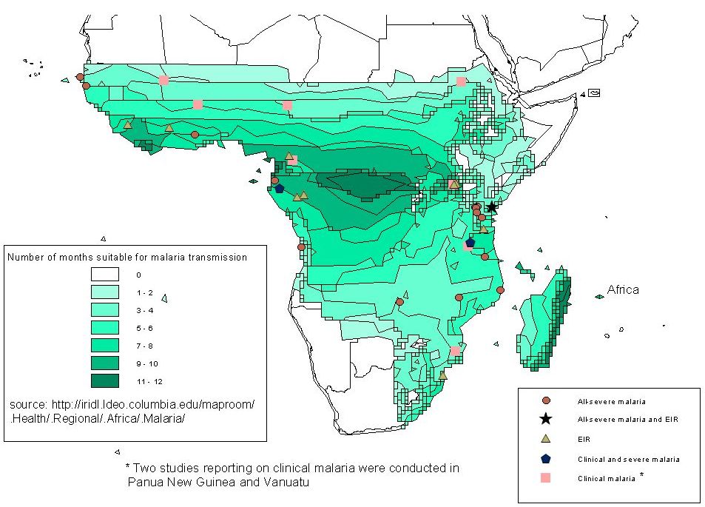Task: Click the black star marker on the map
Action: [491, 207]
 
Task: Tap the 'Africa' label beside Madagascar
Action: [623, 289]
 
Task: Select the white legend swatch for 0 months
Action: [105, 275]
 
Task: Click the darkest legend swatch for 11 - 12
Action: [105, 381]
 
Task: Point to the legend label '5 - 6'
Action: [145, 328]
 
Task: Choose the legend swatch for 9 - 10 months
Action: [105, 363]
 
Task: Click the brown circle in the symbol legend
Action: [546, 400]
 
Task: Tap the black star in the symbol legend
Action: [546, 419]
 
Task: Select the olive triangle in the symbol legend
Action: [546, 438]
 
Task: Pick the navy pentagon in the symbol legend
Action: [546, 458]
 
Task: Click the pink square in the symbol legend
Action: [545, 477]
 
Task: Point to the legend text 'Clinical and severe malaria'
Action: [629, 460]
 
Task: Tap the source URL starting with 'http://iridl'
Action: [153, 404]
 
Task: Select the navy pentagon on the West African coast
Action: [279, 188]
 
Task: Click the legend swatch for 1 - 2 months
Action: [105, 292]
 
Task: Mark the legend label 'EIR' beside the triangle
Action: [584, 439]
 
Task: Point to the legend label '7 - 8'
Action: [145, 346]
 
